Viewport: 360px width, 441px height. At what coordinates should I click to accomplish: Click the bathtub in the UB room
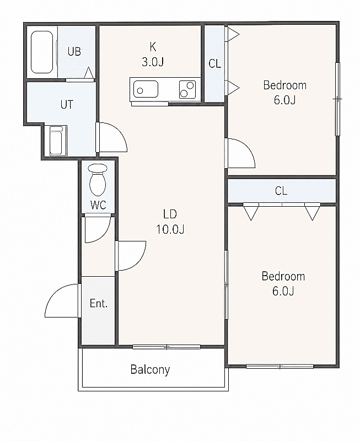tap(42, 52)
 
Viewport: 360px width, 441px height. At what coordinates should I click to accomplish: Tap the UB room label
tap(74, 52)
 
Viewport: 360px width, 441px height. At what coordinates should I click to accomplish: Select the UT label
tap(67, 105)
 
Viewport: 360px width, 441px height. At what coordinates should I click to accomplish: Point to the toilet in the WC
tap(98, 180)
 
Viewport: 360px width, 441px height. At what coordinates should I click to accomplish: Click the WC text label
tap(99, 205)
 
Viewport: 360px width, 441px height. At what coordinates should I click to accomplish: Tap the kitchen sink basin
tap(146, 89)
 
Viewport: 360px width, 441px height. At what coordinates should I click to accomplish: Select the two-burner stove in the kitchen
tap(187, 89)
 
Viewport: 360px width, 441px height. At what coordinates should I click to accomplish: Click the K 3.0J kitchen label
tap(153, 54)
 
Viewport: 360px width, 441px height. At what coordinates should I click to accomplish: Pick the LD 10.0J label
tap(170, 222)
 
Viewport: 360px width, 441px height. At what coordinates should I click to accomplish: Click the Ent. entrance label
tap(99, 303)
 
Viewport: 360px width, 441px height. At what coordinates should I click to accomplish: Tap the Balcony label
tap(150, 369)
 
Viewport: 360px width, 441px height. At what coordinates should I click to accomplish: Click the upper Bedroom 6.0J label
tap(284, 93)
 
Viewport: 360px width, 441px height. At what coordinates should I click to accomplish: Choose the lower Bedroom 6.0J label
tap(283, 283)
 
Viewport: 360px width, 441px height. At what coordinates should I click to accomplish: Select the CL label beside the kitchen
tap(214, 64)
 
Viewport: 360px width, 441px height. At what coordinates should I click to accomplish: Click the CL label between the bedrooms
tap(281, 191)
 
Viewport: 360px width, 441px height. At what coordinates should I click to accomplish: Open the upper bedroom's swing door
tap(240, 153)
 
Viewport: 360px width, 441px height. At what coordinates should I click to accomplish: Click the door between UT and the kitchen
tap(111, 137)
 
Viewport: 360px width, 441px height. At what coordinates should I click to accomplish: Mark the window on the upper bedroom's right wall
tap(337, 99)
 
